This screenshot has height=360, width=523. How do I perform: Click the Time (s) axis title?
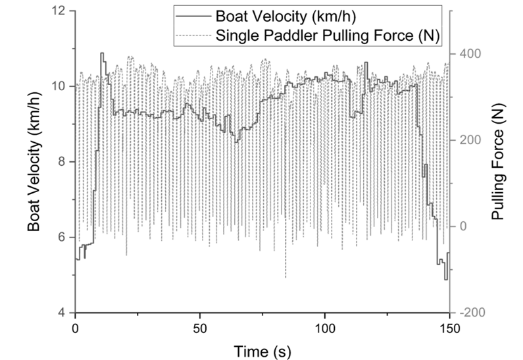click(262, 347)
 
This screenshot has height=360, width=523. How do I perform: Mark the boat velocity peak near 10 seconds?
click(102, 53)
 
